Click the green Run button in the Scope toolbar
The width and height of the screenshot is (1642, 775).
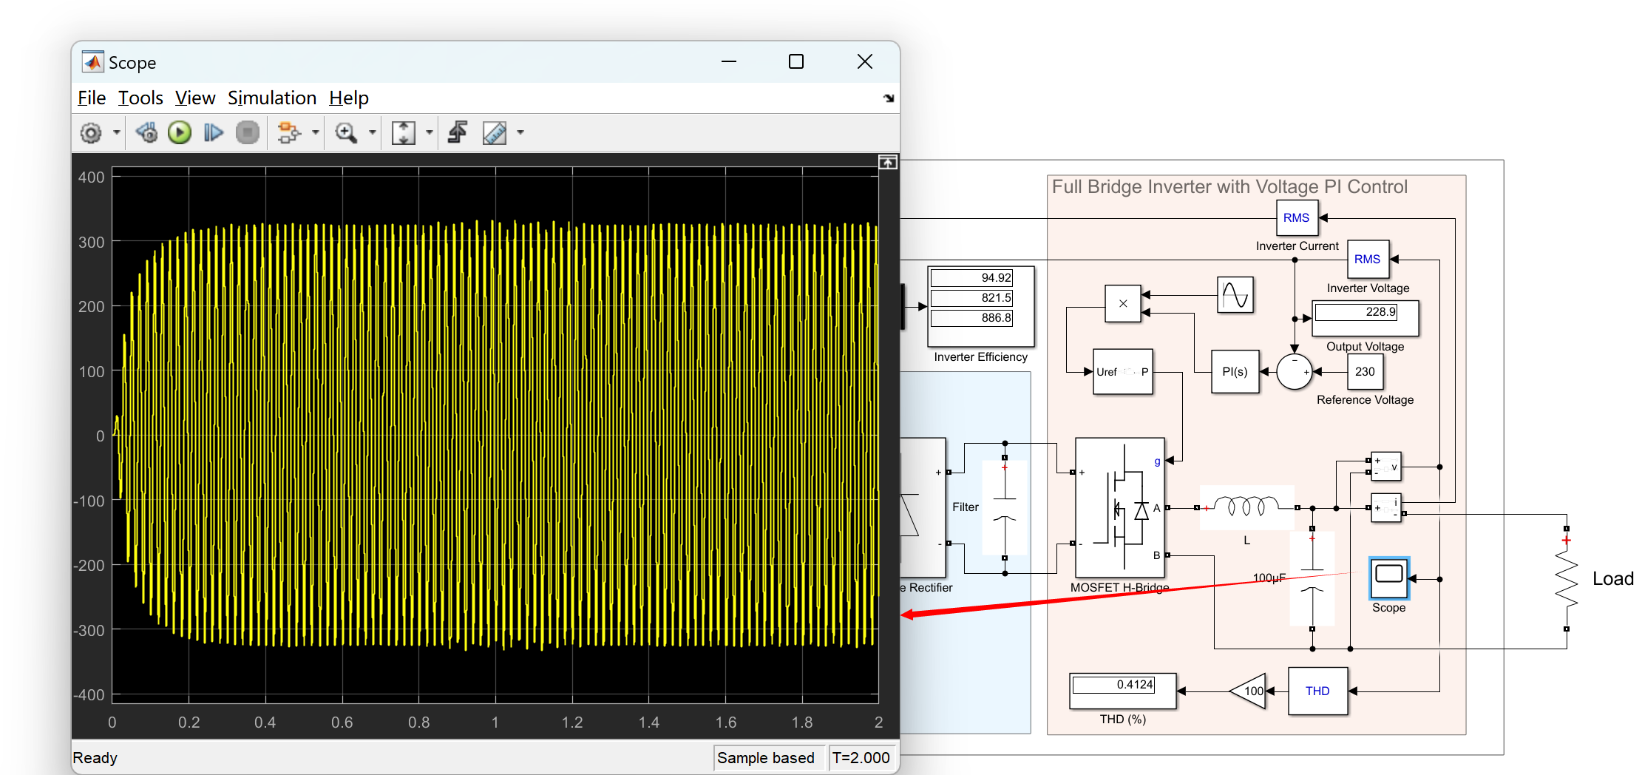180,133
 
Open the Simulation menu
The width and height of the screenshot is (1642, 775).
271,98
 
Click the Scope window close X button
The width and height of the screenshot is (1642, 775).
864,62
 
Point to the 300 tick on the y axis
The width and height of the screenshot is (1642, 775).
92,243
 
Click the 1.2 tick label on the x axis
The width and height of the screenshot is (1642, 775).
571,722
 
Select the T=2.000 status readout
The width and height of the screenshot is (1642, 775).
861,758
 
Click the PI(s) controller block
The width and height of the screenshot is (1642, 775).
1234,372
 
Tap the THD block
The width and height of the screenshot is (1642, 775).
1317,691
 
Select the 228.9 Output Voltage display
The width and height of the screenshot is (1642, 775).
1364,312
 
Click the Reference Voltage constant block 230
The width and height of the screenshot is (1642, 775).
1364,372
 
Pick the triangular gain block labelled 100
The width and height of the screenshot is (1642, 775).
1249,691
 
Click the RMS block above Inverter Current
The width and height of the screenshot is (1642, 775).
1296,218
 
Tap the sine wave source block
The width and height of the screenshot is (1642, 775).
1235,295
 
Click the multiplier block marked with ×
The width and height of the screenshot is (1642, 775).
1122,304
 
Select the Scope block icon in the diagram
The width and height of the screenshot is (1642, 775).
1388,578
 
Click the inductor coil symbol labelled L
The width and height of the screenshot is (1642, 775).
1246,507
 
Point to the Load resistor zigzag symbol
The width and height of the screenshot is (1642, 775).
1566,579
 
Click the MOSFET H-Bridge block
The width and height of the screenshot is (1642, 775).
1119,508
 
